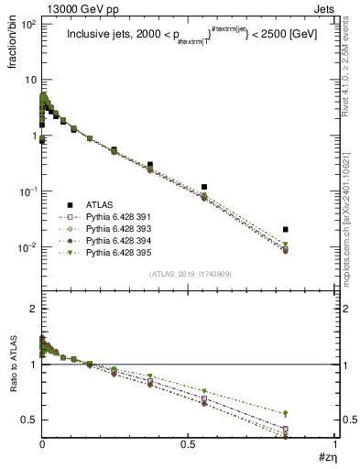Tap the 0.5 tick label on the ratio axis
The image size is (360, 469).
28,420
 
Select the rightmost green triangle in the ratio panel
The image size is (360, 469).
286,413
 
